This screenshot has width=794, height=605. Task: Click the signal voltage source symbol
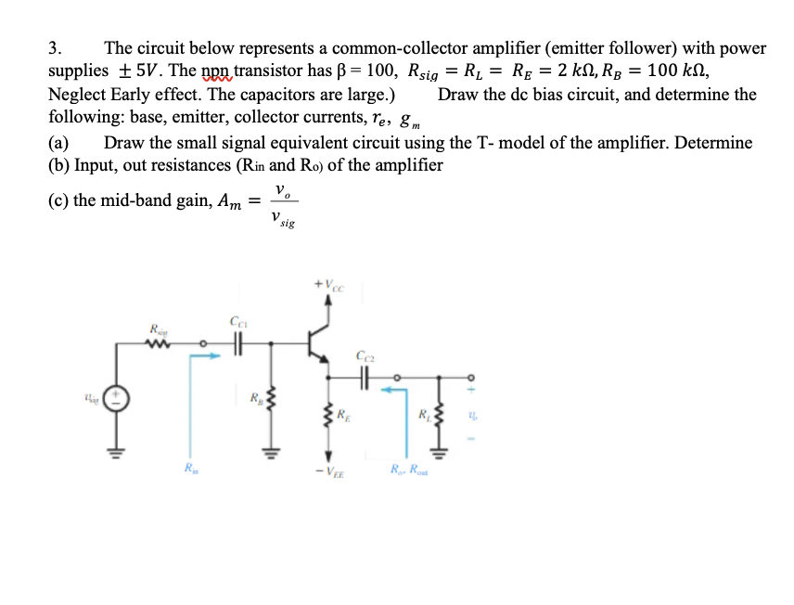coord(118,400)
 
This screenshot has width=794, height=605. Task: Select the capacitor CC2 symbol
coord(363,377)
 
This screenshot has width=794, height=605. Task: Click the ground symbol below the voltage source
coord(118,454)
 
